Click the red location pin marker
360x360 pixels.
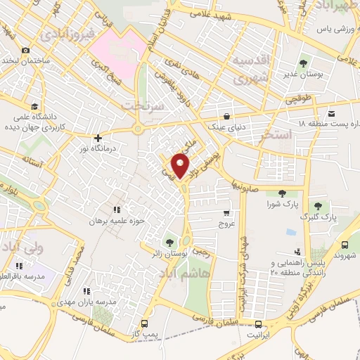click(x=181, y=165)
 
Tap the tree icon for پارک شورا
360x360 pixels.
click(x=281, y=193)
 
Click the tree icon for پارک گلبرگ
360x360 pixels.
click(x=319, y=206)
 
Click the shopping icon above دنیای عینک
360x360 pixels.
click(x=226, y=117)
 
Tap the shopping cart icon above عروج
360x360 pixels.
click(x=226, y=213)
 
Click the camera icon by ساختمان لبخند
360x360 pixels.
click(x=25, y=50)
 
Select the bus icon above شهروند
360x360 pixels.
click(x=345, y=244)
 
